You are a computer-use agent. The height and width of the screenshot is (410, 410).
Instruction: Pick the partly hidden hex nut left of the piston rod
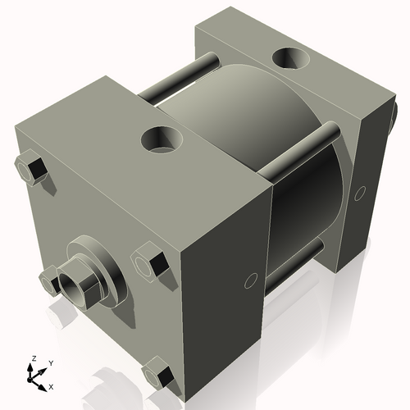[49, 279]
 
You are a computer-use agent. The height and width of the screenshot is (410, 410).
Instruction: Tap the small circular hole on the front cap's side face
[249, 281]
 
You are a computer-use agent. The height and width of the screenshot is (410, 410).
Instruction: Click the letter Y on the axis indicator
[50, 362]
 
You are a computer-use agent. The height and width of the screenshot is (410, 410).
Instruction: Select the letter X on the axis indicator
[52, 385]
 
